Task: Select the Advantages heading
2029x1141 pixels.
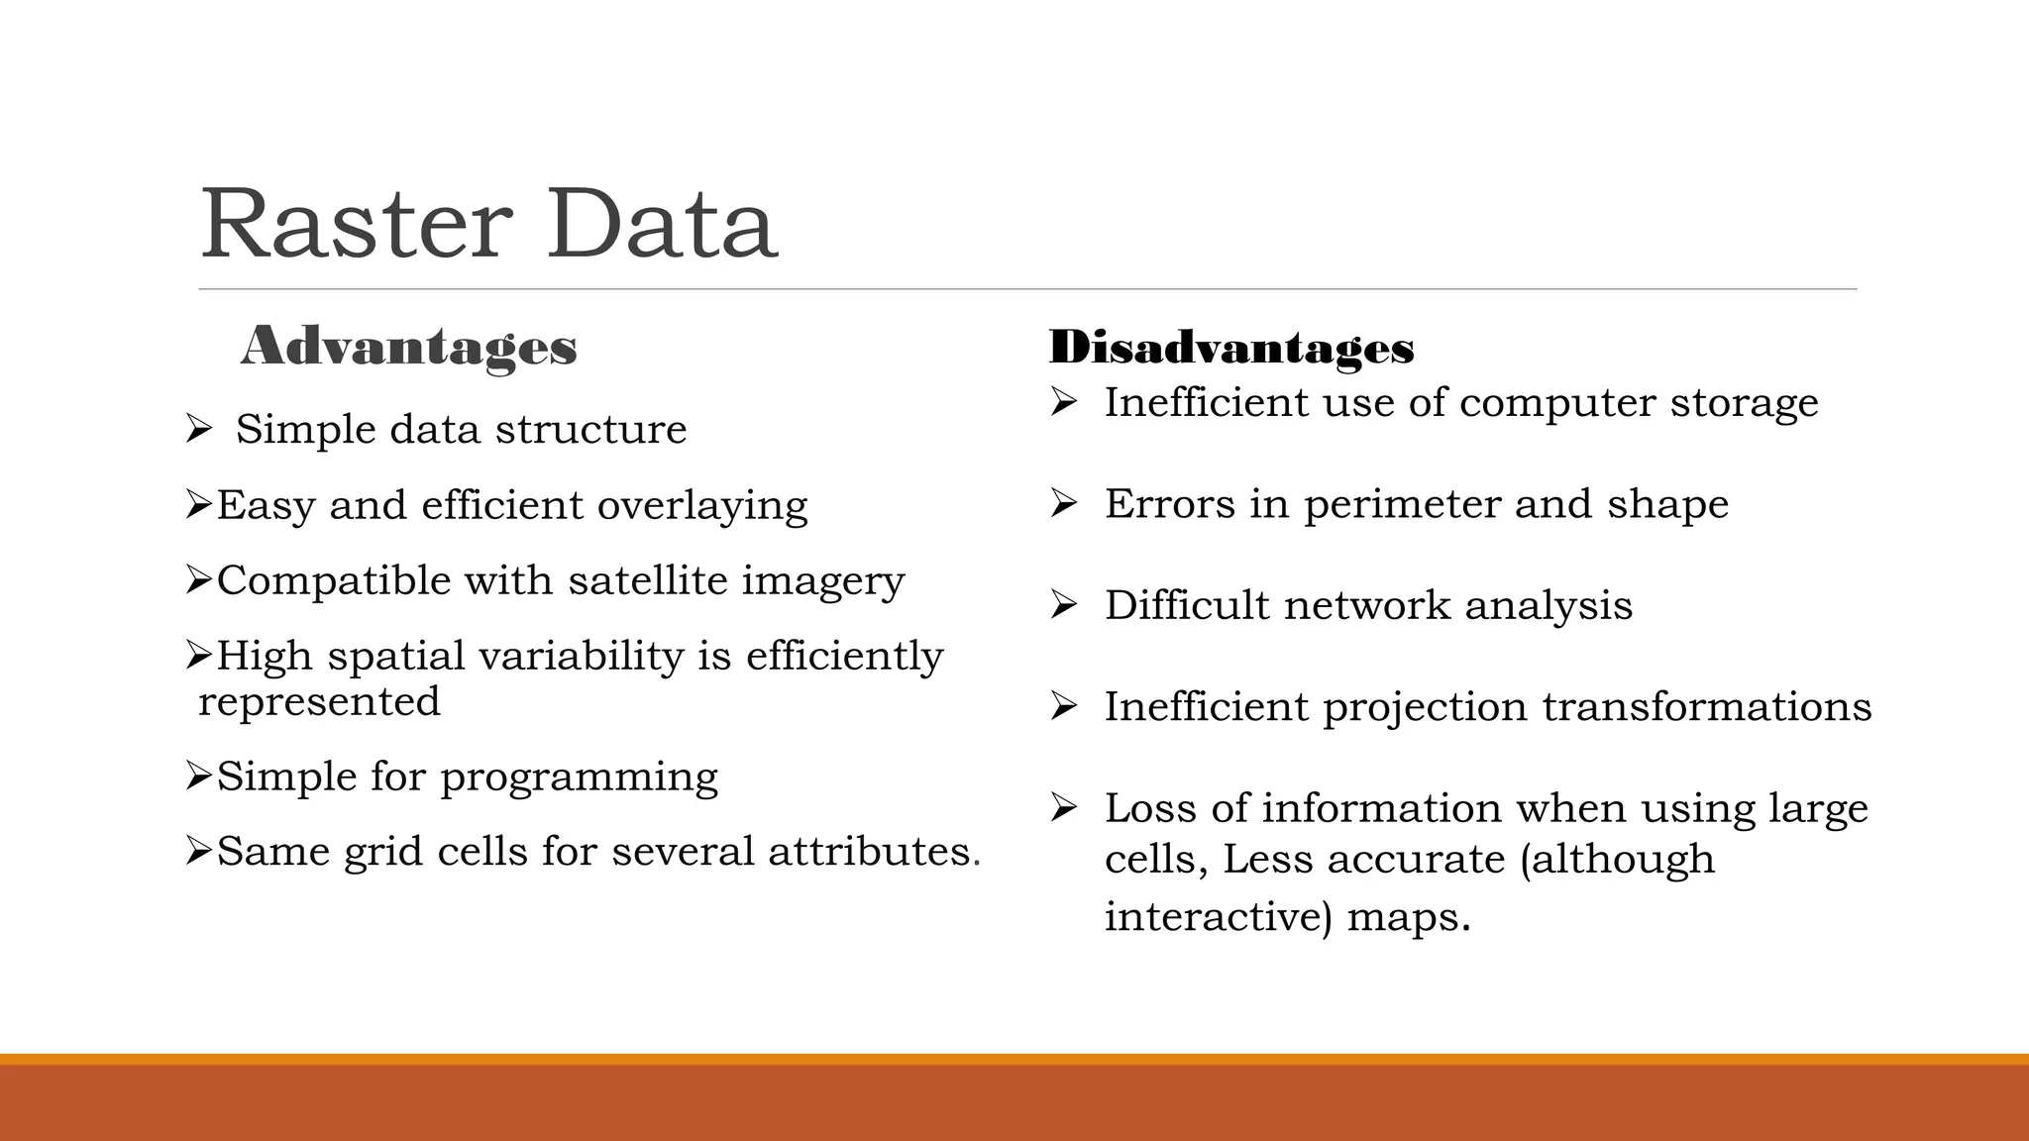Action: tap(408, 348)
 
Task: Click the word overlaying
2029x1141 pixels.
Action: tap(702, 506)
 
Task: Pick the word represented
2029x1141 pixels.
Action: tap(319, 702)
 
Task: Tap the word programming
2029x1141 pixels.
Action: tap(579, 778)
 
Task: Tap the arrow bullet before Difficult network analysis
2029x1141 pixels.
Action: tap(1063, 605)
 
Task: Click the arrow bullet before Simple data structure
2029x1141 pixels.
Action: tap(198, 430)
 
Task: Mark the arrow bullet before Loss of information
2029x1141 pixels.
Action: tap(1063, 808)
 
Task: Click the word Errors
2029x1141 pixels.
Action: tap(1170, 504)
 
